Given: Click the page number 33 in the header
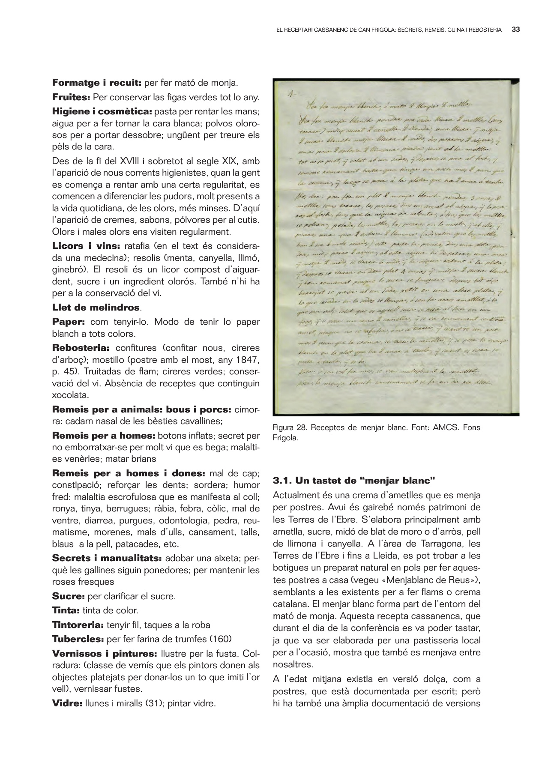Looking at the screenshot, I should (516, 30).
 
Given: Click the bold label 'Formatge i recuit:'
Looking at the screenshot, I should (97, 82).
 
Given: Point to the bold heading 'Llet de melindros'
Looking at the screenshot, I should (96, 308).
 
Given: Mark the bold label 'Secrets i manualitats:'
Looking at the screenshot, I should (107, 558).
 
